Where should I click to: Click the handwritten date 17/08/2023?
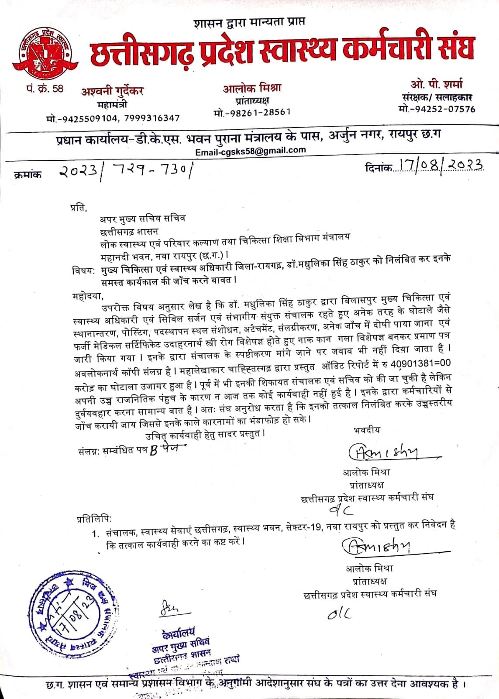439,165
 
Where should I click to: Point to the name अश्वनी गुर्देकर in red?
112,92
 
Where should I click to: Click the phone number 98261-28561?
258,112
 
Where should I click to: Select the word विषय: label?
83,271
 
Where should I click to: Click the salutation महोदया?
88,297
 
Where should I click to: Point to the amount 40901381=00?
420,364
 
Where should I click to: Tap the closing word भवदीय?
367,430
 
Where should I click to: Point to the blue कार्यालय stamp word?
178,632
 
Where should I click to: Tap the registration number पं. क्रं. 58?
44,89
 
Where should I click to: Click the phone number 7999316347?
151,118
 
